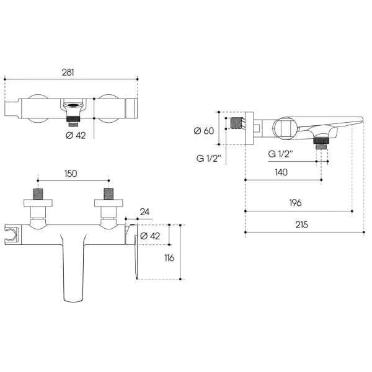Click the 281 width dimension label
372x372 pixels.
(x=68, y=73)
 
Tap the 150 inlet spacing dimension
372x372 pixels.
(x=71, y=174)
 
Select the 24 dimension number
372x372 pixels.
(x=144, y=212)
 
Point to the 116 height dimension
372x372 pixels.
(x=169, y=258)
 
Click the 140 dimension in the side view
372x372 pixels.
(x=281, y=172)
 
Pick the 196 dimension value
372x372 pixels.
(x=295, y=203)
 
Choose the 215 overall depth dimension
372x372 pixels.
(x=302, y=224)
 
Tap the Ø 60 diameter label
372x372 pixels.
(x=204, y=131)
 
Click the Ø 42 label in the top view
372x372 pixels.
(x=76, y=135)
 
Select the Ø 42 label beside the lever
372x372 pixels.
(x=150, y=236)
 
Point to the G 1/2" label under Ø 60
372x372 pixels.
(x=209, y=158)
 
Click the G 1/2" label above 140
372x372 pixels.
(x=280, y=154)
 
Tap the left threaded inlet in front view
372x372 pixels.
(x=38, y=194)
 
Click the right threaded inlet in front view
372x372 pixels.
(x=108, y=194)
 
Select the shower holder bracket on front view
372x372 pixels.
(x=11, y=235)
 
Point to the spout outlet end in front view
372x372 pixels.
(x=73, y=300)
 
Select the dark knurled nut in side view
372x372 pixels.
(x=321, y=140)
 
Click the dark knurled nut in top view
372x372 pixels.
(x=73, y=118)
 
